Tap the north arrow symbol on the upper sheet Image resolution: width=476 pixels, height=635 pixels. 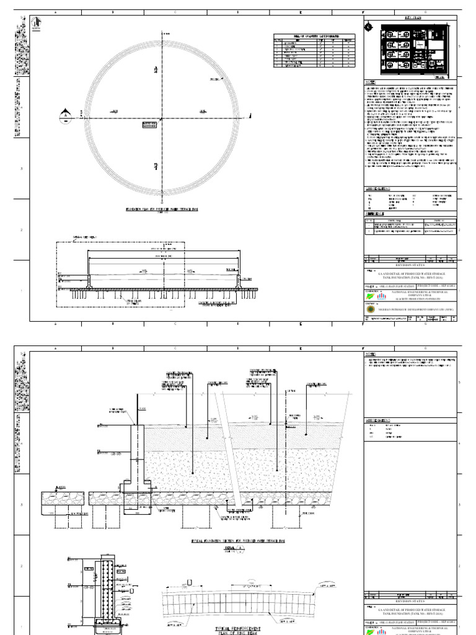[36, 24]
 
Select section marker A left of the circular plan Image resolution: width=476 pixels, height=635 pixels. [64, 114]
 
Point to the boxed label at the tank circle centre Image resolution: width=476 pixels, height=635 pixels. [149, 125]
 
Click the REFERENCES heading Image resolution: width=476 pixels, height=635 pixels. [376, 213]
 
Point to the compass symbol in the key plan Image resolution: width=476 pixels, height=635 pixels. [370, 27]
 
